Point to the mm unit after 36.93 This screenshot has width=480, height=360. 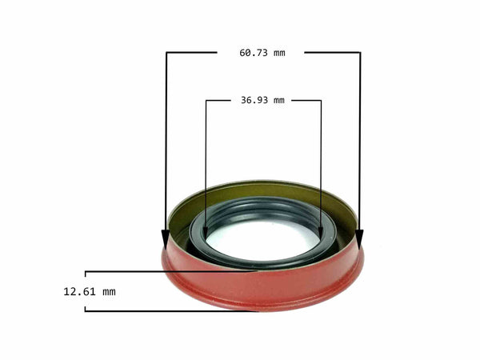tap(278, 101)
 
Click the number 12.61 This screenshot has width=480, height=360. tap(78, 291)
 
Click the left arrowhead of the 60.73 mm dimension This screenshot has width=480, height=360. tap(166, 239)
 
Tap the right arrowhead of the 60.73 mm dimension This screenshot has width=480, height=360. tap(359, 239)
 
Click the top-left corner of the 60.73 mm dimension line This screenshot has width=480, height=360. tap(166, 53)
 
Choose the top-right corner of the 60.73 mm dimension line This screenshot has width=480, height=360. tap(360, 53)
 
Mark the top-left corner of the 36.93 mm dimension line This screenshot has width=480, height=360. tap(206, 101)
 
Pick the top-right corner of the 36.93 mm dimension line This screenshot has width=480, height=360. tap(321, 101)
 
